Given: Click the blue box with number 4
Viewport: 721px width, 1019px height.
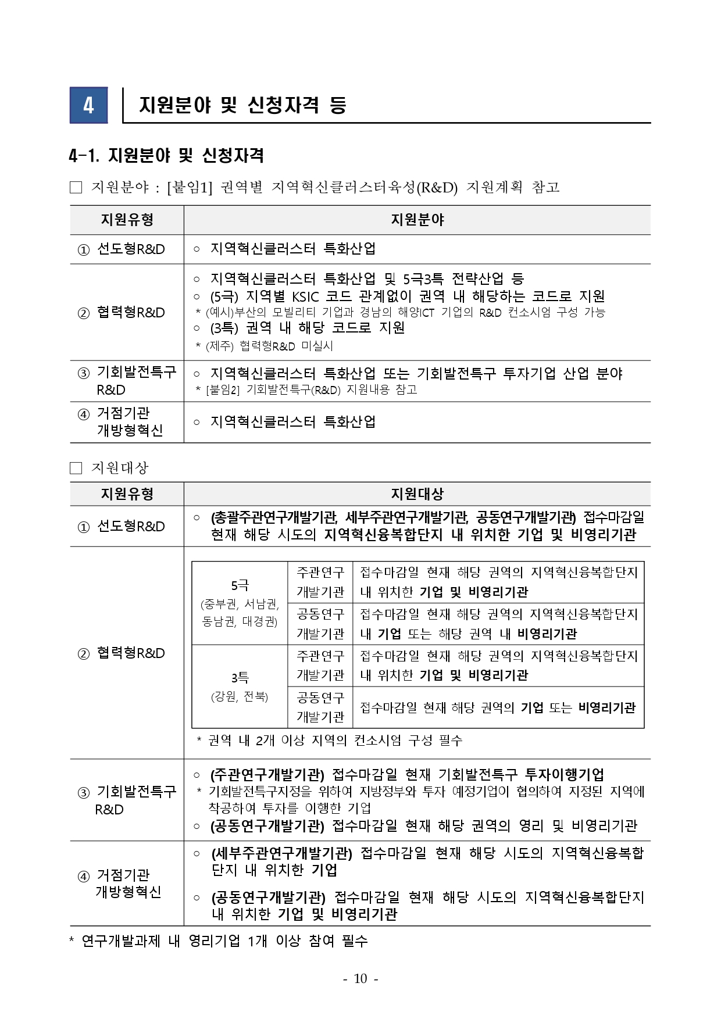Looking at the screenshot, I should click(88, 105).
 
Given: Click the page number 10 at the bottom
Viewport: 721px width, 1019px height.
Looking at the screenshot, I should click(360, 979).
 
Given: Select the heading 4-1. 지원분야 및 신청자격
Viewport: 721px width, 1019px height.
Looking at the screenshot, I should click(166, 155).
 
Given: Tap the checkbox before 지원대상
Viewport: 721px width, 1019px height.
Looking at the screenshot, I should click(76, 468).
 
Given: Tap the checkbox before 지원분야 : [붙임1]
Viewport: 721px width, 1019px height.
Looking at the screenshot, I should click(76, 187).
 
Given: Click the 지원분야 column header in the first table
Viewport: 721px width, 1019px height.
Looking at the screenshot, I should click(417, 220).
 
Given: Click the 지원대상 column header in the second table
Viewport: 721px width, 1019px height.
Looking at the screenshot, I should click(417, 494).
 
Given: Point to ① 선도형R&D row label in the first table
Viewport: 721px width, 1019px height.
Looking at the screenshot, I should click(122, 249).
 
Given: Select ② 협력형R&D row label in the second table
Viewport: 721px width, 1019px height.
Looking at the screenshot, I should click(122, 653).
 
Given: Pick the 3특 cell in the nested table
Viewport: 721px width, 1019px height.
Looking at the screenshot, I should click(240, 677).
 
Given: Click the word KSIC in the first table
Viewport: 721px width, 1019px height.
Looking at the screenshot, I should click(305, 296).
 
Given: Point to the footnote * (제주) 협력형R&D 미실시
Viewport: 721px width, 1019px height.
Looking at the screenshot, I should click(265, 346).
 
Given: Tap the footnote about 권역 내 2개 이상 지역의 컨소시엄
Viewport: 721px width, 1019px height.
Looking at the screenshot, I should click(329, 740).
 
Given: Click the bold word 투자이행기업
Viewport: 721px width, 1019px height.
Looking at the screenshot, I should click(564, 774).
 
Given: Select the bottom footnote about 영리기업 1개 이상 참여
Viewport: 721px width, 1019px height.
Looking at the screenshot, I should click(219, 941).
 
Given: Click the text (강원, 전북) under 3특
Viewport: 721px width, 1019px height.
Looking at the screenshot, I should click(240, 696).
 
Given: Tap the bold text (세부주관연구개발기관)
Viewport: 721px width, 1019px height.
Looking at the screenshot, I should click(281, 853).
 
